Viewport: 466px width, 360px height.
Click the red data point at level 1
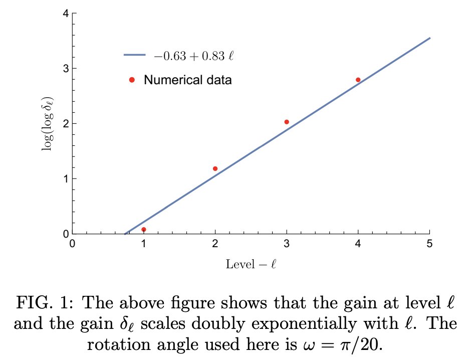tap(144, 230)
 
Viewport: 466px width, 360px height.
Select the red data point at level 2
tap(215, 168)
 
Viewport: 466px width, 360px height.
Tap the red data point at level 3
tap(287, 122)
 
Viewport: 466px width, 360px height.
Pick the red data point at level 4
tap(358, 80)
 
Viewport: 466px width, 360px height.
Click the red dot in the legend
tap(132, 80)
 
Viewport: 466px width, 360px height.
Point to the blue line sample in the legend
tap(134, 56)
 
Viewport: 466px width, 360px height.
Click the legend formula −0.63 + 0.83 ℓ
tap(194, 56)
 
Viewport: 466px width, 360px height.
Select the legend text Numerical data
tap(188, 80)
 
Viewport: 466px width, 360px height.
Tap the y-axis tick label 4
tap(66, 14)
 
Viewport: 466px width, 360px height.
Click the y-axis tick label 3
tap(66, 68)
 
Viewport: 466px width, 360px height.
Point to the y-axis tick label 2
tap(66, 123)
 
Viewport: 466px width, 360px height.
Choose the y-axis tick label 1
tap(66, 178)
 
